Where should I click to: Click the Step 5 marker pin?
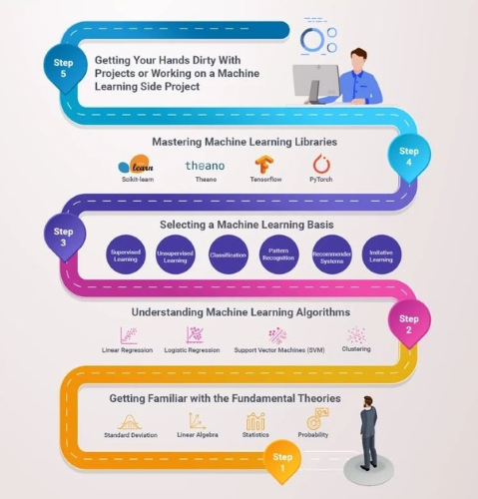[65, 69]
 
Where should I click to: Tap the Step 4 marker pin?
[409, 157]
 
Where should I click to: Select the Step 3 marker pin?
[65, 237]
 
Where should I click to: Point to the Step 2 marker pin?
[409, 324]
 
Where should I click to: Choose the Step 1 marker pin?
[282, 462]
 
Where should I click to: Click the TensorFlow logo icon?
[264, 165]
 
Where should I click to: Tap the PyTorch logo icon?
[321, 164]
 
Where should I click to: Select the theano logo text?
[205, 166]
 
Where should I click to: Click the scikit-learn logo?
[136, 164]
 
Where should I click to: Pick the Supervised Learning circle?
[126, 254]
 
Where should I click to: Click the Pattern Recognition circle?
[278, 254]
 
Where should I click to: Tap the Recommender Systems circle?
[331, 254]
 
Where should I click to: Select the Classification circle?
[229, 254]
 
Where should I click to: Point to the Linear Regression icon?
[129, 335]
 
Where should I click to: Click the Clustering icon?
[356, 334]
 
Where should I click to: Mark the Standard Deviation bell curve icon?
[130, 422]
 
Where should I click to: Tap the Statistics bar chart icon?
[255, 421]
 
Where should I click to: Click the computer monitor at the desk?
[315, 83]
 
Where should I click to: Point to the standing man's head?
[368, 401]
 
